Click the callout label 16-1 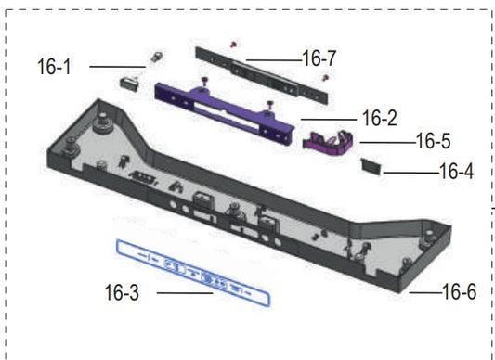(x=54, y=67)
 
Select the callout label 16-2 (x=380, y=119)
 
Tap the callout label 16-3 (x=122, y=292)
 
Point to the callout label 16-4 (x=457, y=172)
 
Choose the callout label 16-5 (x=434, y=141)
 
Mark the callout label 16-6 (x=460, y=292)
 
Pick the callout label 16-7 (x=319, y=58)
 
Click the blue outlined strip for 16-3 (x=193, y=273)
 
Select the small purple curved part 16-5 (x=328, y=143)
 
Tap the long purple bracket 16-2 (x=225, y=110)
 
